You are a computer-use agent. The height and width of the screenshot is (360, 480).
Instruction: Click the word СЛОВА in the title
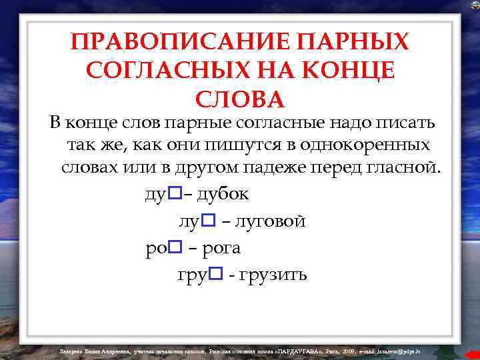(240, 99)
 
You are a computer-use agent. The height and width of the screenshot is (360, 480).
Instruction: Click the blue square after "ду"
(175, 193)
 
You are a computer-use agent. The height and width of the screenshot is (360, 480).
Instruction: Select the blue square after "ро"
(175, 247)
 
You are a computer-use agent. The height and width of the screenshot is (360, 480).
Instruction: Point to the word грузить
(269, 275)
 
